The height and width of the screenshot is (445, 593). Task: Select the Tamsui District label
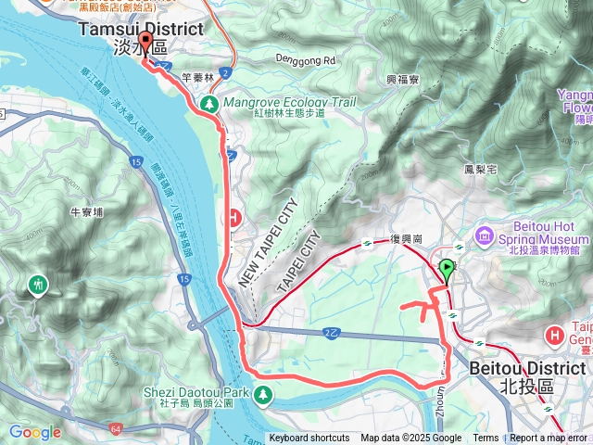point(140,29)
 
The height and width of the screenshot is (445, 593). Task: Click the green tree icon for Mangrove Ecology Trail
point(210,104)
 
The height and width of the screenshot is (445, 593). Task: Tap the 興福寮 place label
point(401,81)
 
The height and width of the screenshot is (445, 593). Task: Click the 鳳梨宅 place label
point(481,170)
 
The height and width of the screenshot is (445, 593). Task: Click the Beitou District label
point(528,368)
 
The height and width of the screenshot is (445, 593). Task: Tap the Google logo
point(34,432)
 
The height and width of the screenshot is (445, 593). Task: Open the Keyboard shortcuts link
point(309,439)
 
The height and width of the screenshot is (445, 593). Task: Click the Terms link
point(486,439)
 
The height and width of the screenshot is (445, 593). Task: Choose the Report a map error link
point(549,439)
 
